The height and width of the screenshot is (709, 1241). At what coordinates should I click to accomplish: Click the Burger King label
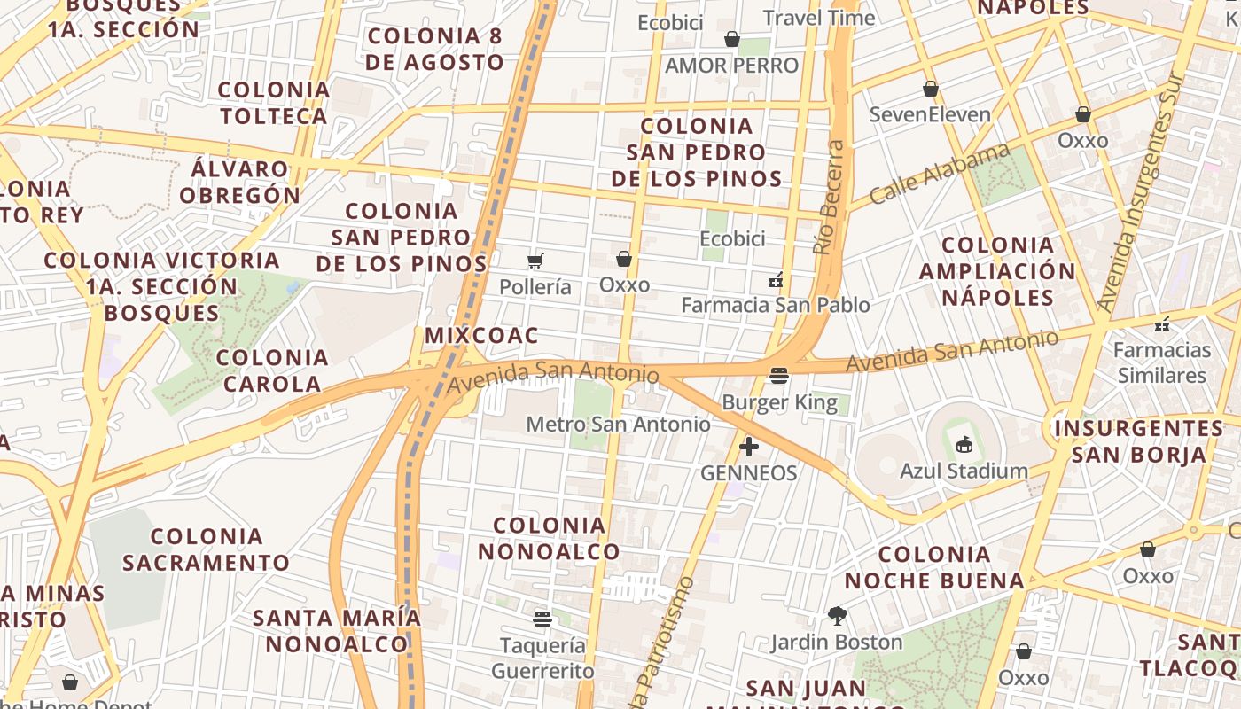779,403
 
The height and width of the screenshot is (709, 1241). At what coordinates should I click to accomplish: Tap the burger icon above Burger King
779,377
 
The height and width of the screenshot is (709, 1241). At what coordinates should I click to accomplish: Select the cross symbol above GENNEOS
749,447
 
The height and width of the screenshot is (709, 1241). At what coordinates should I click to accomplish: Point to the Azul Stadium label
964,471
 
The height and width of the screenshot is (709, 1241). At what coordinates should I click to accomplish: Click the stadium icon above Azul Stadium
964,444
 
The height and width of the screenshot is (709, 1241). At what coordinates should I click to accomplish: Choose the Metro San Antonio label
618,425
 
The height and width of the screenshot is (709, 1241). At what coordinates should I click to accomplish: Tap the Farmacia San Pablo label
775,305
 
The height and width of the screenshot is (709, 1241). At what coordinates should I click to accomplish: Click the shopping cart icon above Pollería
535,261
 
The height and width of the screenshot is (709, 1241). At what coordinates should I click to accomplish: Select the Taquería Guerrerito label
542,658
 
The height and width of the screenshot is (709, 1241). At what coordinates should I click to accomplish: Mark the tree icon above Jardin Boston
836,615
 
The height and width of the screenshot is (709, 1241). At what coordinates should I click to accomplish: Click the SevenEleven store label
930,114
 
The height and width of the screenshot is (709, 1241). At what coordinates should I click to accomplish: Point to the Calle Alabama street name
940,173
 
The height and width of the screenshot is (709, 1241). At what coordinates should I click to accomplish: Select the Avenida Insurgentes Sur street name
1142,191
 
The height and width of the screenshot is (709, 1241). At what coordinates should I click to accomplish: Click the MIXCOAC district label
481,336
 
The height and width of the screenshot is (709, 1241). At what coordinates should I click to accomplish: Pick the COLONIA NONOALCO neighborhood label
550,538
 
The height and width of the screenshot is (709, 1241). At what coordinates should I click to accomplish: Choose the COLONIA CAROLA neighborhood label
272,370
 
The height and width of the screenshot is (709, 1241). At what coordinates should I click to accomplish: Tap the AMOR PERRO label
731,66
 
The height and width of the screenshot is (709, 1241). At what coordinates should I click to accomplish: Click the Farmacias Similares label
1161,362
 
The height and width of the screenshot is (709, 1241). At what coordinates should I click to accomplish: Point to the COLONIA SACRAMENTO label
207,549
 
